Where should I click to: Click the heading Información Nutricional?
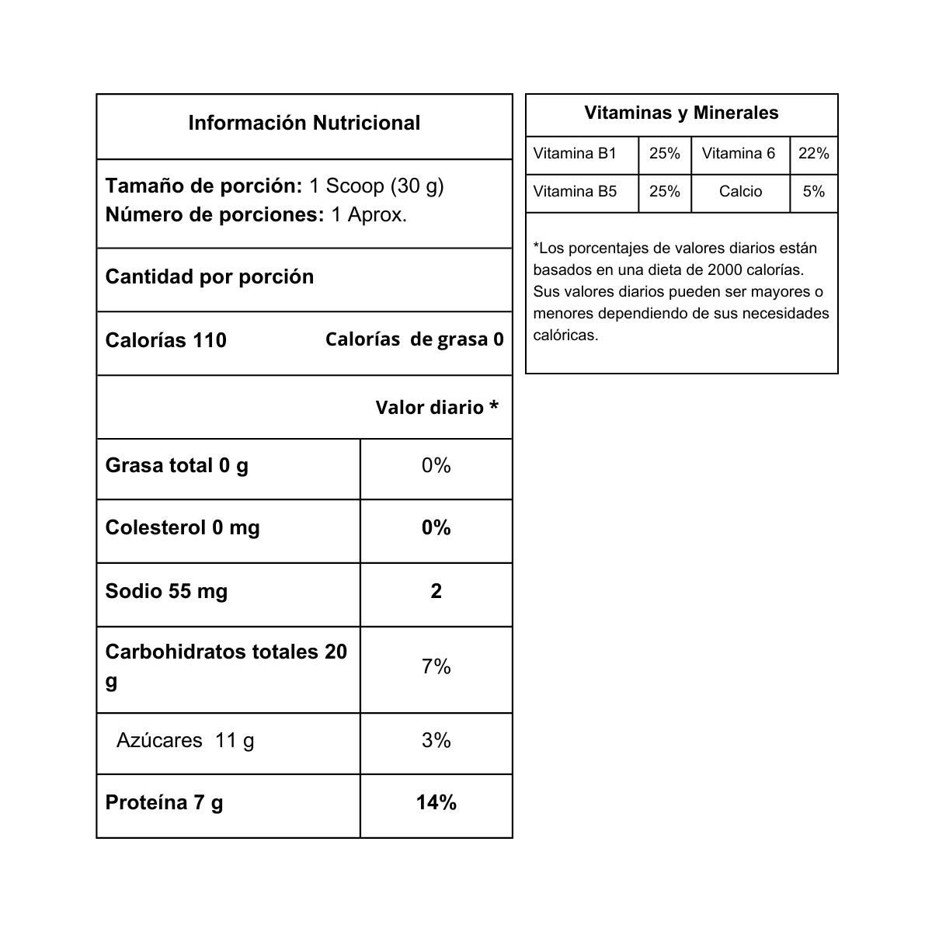304,123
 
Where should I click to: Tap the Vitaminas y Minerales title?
681,113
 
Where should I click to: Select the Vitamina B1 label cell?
575,154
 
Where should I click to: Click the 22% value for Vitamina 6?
813,154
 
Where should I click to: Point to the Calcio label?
740,192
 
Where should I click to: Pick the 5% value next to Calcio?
813,192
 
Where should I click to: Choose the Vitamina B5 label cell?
575,192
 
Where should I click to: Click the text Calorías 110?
165,340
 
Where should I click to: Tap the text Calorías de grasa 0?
414,339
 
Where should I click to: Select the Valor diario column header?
436,408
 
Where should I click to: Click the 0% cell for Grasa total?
436,465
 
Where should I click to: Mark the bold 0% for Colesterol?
436,528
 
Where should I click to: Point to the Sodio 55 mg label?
166,591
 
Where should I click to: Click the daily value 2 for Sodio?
436,591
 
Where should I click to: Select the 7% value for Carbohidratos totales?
436,666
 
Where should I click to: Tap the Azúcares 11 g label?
185,740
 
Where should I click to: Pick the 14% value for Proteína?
436,802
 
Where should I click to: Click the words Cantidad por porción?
209,276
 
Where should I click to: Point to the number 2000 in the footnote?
729,270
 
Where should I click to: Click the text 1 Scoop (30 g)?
376,186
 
